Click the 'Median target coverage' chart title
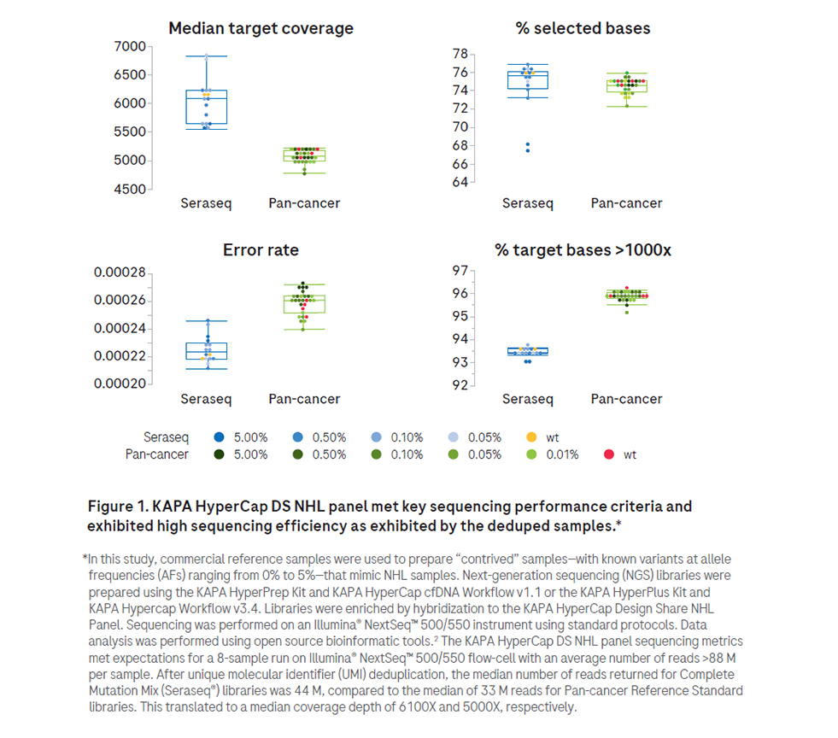(261, 28)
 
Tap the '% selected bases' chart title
(583, 28)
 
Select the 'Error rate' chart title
(261, 250)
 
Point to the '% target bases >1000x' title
(583, 250)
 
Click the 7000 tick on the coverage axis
(129, 47)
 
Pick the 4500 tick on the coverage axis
(129, 189)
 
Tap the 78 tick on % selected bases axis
(460, 54)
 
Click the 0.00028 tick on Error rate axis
(120, 272)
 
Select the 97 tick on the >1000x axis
(460, 271)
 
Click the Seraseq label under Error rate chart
(206, 399)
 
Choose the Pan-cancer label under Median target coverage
(304, 203)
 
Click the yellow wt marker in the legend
(531, 437)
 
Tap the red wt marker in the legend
(609, 454)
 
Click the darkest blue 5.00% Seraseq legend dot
(219, 437)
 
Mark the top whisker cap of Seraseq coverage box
(206, 56)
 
